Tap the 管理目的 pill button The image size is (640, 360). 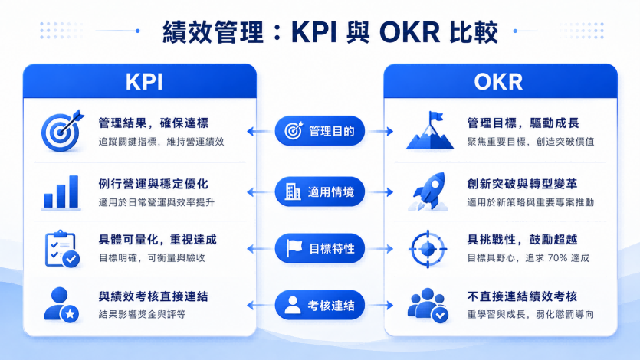[x=320, y=131]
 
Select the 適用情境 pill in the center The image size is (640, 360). [x=320, y=191]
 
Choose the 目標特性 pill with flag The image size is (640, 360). [x=320, y=248]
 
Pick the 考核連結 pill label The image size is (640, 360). [x=320, y=305]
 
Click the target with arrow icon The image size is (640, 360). [x=62, y=130]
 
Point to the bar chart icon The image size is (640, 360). [x=61, y=192]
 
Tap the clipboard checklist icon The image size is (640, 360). [x=62, y=249]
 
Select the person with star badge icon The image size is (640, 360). [x=61, y=305]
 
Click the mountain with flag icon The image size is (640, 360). [x=430, y=130]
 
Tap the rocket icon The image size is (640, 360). [x=428, y=191]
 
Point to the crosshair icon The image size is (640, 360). [x=428, y=249]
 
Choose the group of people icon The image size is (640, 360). [x=428, y=306]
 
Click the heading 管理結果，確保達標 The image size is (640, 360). [x=153, y=123]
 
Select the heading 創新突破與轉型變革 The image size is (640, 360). [x=522, y=185]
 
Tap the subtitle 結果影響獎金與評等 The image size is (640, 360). [x=142, y=314]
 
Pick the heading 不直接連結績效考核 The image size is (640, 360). [x=522, y=296]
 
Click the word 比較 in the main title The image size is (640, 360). [x=474, y=32]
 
